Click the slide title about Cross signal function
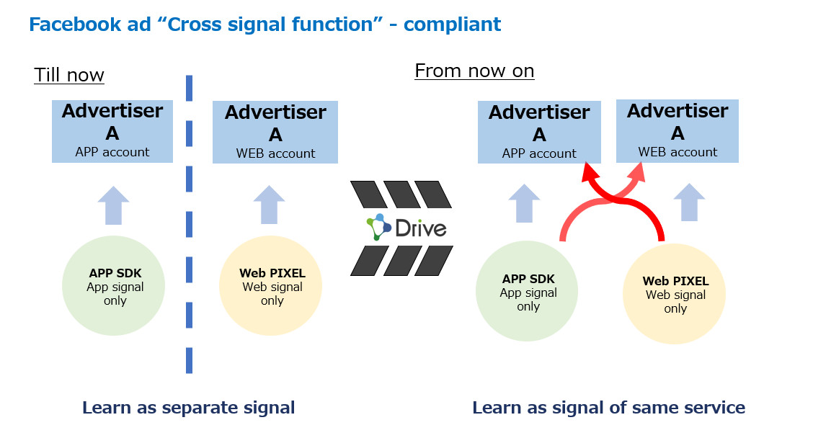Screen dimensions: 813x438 265,24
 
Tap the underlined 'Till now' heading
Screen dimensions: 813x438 69,75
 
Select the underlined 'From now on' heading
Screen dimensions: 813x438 474,71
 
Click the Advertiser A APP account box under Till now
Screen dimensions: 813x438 112,131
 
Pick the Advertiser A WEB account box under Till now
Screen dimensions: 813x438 275,132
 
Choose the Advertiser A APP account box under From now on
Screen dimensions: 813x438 539,132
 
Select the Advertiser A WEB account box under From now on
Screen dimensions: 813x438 677,131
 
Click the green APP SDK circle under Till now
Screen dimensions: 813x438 114,285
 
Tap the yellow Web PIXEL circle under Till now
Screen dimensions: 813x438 271,285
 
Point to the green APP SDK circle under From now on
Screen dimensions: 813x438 527,291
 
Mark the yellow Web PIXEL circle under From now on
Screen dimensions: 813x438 674,294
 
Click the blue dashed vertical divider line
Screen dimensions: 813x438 190,224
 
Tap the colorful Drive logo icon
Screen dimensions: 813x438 378,227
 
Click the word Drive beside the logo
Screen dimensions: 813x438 420,228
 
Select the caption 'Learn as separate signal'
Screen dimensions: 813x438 189,408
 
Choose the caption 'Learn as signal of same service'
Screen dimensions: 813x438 609,408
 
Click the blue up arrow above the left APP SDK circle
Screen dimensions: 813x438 114,205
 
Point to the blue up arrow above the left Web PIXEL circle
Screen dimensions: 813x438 269,205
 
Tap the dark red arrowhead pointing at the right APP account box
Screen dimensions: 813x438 590,172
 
